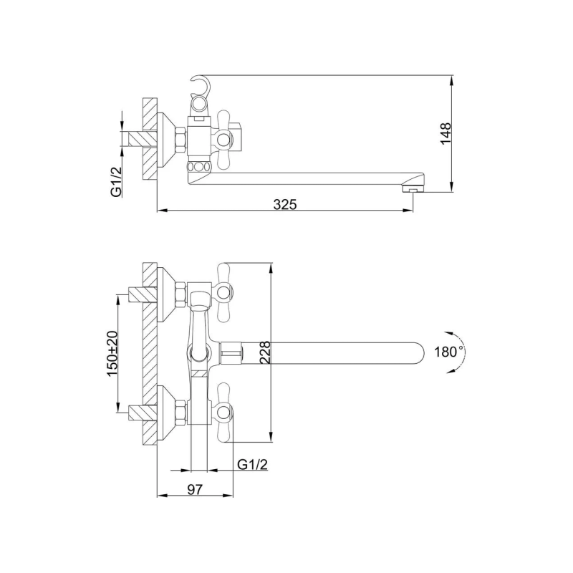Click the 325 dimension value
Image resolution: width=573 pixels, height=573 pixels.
pos(285,204)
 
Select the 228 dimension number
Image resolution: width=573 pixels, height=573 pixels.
pos(264,352)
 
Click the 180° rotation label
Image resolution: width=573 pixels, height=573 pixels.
pos(449,352)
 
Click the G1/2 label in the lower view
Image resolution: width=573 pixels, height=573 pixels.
pos(252,465)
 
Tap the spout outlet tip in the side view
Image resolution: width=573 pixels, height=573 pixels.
pos(411,188)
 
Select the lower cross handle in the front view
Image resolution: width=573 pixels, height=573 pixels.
pos(223,412)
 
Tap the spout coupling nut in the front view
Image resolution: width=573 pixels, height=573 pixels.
pos(231,352)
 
